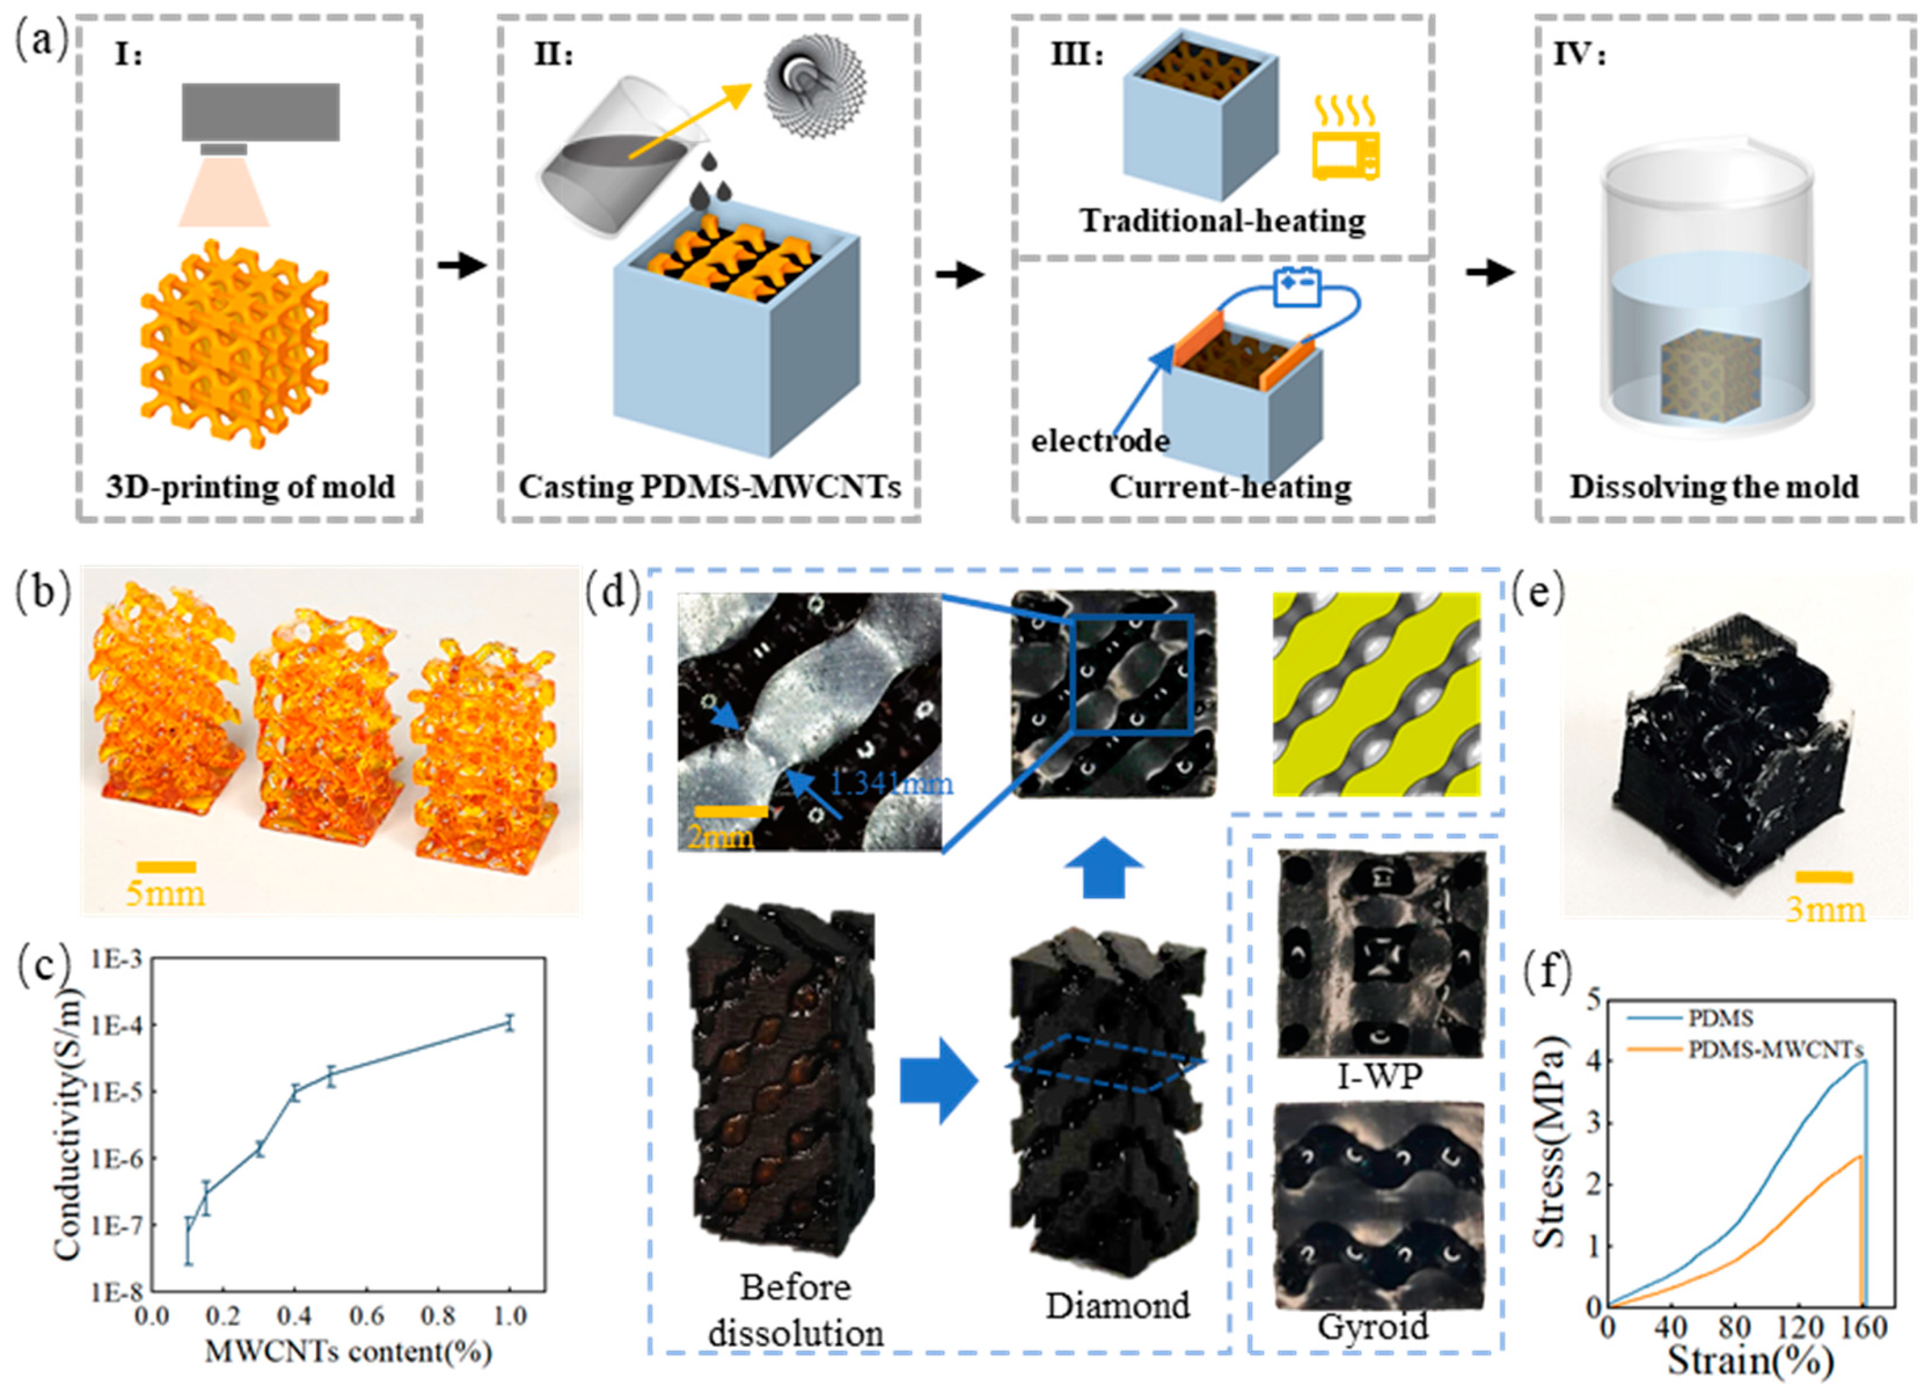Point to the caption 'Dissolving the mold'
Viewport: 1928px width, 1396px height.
point(1714,487)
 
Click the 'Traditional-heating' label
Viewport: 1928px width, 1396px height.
point(1222,221)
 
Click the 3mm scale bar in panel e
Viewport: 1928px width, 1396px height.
point(1823,877)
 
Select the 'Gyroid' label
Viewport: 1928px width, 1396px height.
point(1373,1326)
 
